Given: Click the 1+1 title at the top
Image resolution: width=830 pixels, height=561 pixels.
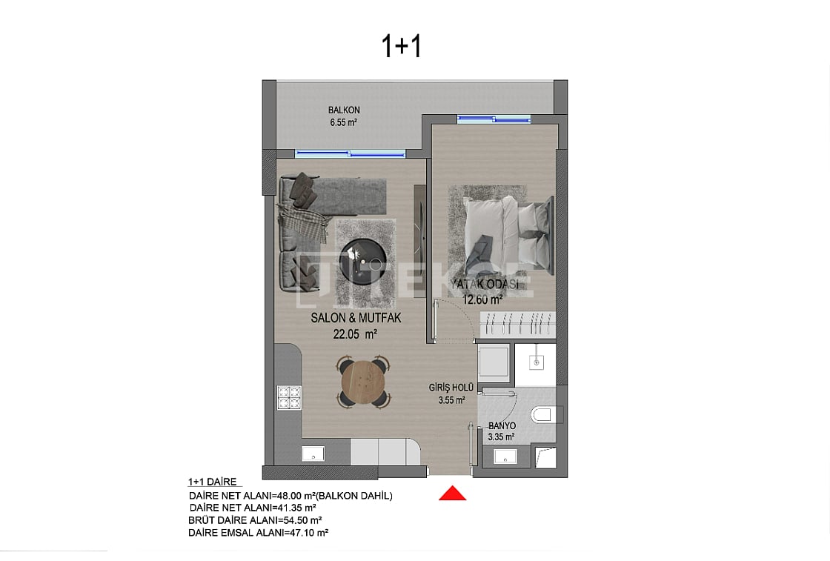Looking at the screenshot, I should pyautogui.click(x=401, y=46).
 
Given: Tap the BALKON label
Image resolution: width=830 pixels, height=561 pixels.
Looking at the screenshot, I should pyautogui.click(x=344, y=110).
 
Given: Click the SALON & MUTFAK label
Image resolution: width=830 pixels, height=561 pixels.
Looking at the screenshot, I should pyautogui.click(x=356, y=318).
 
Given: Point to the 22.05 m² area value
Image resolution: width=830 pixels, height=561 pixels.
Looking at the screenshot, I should pyautogui.click(x=356, y=333).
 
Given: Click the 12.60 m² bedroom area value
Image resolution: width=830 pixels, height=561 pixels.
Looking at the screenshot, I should pyautogui.click(x=482, y=299).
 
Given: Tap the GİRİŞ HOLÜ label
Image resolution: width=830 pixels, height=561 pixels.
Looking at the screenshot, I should pyautogui.click(x=451, y=387).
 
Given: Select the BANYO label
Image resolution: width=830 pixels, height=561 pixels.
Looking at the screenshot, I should pyautogui.click(x=502, y=426).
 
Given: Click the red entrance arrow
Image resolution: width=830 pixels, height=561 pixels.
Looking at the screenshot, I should pyautogui.click(x=453, y=493).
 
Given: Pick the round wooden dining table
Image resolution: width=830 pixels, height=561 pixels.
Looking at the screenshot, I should pyautogui.click(x=362, y=381).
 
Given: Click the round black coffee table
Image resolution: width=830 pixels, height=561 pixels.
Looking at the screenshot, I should pyautogui.click(x=361, y=260).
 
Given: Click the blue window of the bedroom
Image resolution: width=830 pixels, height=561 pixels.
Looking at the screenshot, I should pyautogui.click(x=494, y=119).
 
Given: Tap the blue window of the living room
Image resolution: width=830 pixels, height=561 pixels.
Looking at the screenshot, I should pyautogui.click(x=351, y=154).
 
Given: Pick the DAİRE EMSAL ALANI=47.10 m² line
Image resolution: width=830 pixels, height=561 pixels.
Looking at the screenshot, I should pyautogui.click(x=259, y=532).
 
